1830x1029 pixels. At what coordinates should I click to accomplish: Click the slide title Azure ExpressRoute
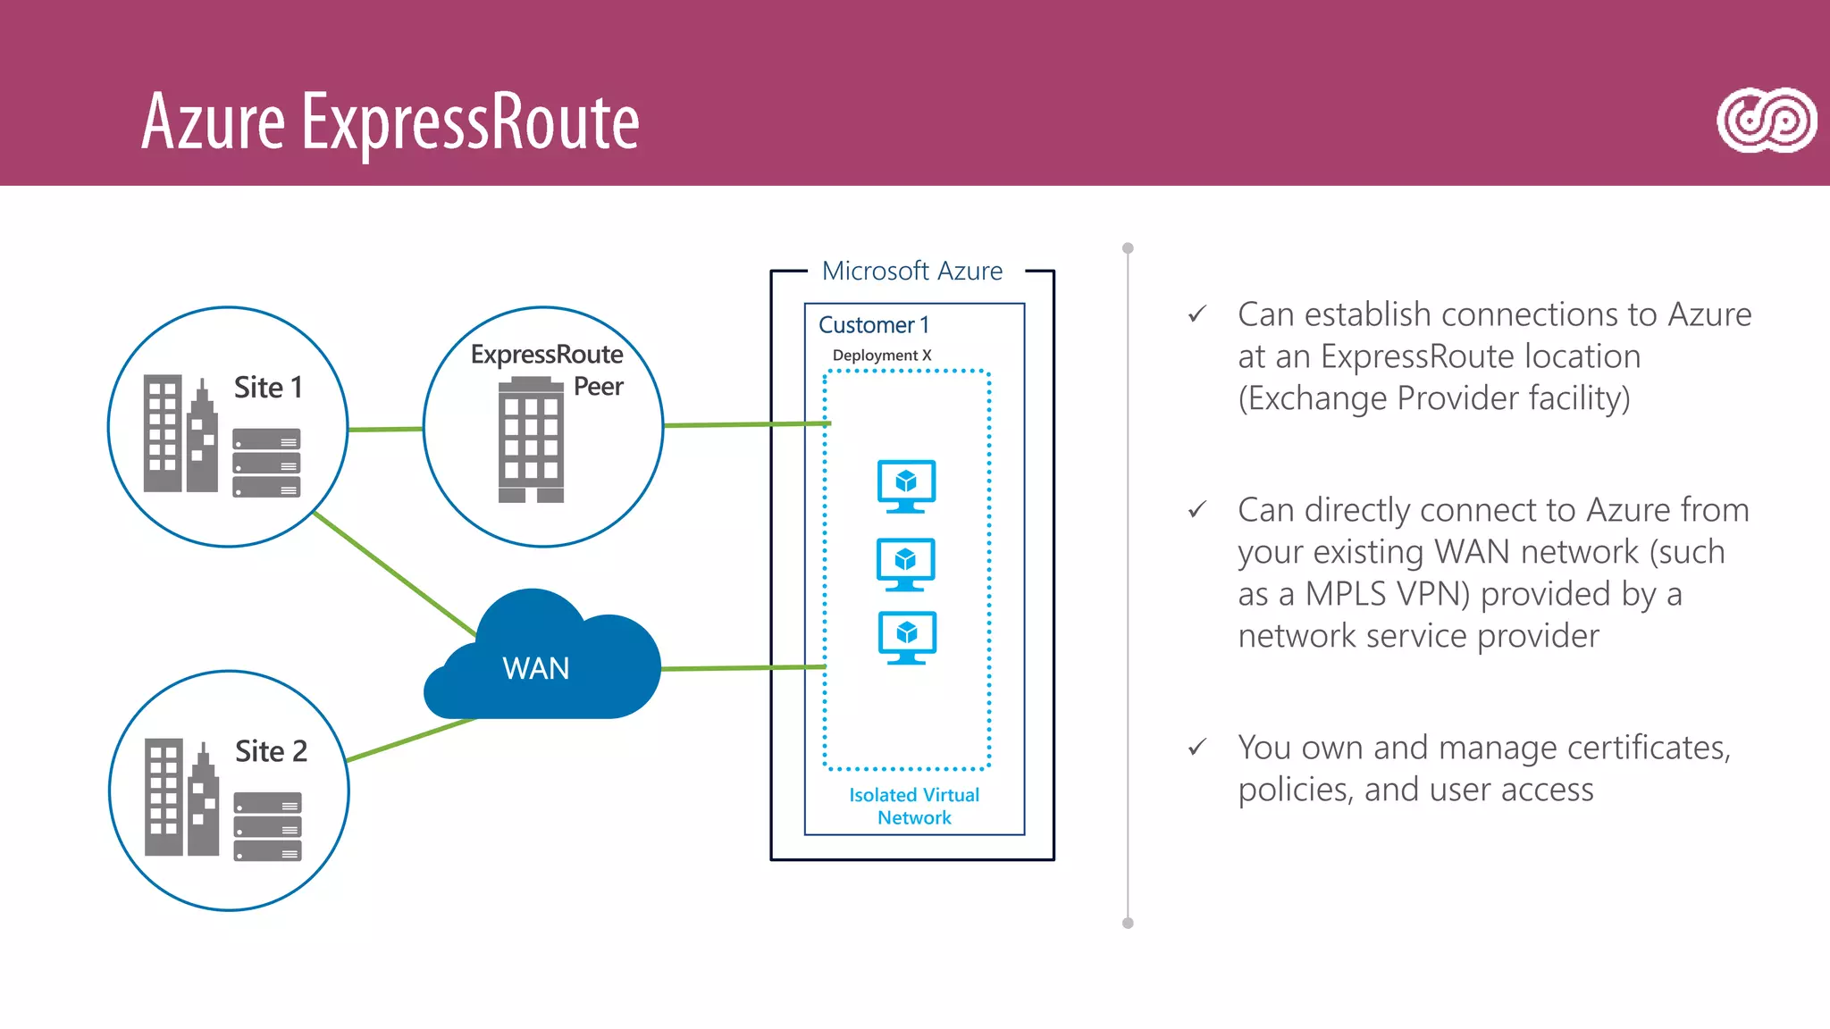[390, 122]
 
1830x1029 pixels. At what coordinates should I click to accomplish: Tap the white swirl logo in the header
[1766, 121]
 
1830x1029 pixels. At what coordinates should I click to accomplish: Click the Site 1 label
[268, 388]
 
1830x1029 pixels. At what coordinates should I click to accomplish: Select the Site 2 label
[271, 751]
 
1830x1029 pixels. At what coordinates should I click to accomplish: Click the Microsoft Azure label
[911, 271]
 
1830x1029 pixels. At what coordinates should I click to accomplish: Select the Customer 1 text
[873, 325]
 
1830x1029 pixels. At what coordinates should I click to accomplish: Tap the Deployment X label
[881, 356]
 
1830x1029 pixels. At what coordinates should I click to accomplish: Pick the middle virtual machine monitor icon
[905, 564]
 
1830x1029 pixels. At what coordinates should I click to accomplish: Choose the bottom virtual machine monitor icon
[907, 637]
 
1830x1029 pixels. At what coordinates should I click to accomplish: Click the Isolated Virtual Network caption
[913, 806]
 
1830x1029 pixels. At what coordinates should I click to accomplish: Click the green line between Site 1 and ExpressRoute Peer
[385, 430]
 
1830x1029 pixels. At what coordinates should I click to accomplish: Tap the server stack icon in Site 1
[266, 463]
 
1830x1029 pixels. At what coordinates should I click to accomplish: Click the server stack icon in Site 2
[267, 826]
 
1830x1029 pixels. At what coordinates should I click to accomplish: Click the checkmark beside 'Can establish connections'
[1197, 314]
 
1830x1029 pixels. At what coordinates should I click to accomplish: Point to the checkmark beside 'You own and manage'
[1197, 747]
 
